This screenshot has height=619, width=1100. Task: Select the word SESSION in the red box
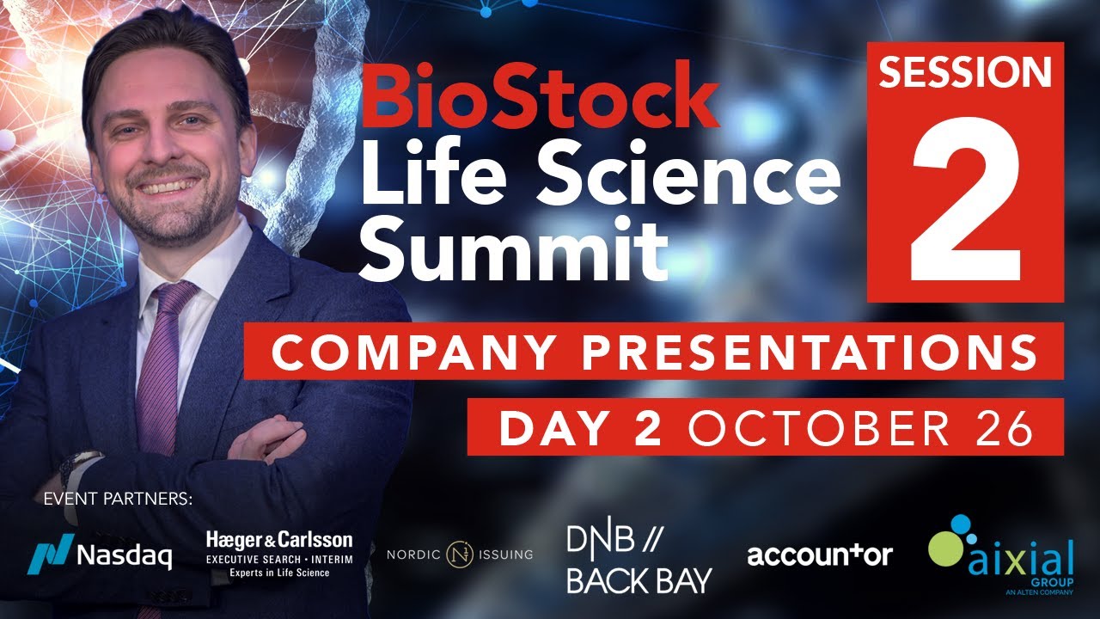(x=965, y=74)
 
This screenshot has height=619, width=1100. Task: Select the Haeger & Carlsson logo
(x=279, y=552)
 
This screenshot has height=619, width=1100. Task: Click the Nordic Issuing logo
(x=460, y=555)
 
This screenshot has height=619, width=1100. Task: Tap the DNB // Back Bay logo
(x=639, y=559)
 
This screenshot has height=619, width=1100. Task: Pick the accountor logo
(x=819, y=555)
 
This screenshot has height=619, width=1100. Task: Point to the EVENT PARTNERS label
(x=118, y=499)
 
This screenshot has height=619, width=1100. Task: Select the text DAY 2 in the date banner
(x=580, y=427)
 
